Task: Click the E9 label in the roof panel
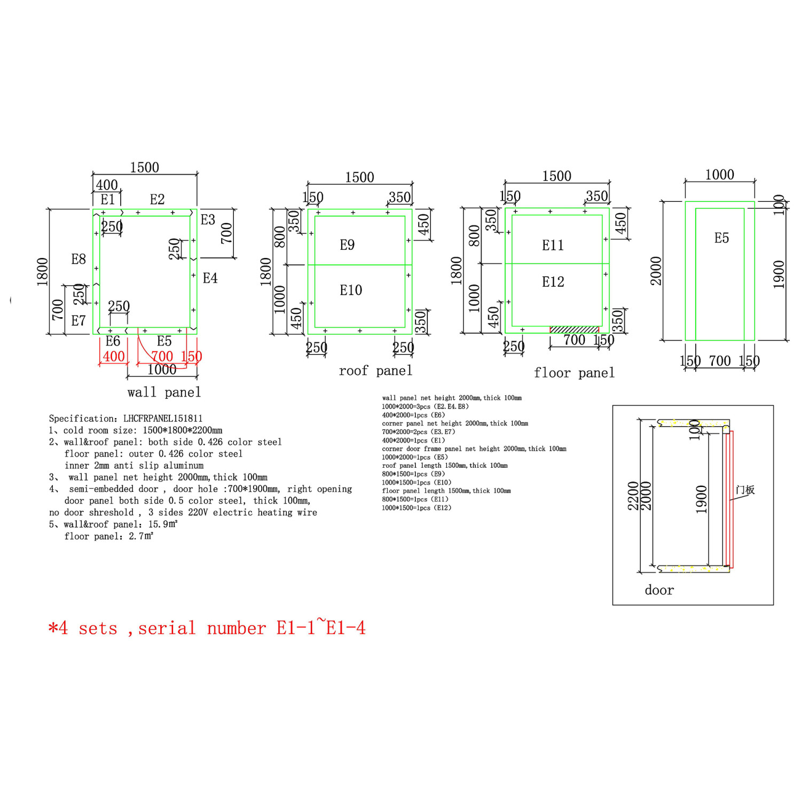347,245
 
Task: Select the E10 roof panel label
351,290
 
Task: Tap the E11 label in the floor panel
553,245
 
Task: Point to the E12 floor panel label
553,282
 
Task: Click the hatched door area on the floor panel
575,329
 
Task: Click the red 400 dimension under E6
114,356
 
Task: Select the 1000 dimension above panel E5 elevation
719,175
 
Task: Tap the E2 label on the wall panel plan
157,199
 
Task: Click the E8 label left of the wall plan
78,259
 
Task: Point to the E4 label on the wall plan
210,278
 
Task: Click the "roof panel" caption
375,371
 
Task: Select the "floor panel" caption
574,373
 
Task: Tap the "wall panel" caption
164,392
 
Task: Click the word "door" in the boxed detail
659,590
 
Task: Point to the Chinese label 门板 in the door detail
745,490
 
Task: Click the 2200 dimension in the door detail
633,496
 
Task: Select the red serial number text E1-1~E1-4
321,627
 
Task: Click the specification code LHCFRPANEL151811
163,419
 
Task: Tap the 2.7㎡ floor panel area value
141,536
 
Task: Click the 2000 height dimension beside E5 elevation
656,271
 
